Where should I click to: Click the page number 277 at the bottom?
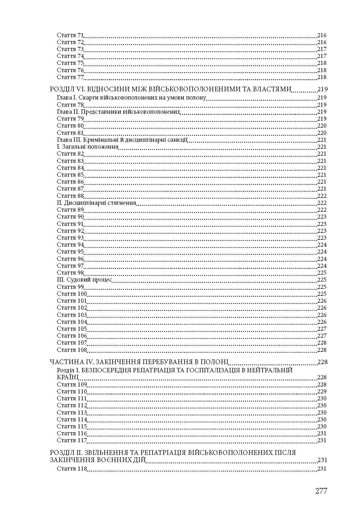click(321, 491)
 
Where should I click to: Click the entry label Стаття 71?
click(70, 35)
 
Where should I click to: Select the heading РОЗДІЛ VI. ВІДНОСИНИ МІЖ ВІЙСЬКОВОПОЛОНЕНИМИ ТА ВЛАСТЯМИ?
click(171, 89)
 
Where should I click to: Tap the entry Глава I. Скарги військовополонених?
click(131, 98)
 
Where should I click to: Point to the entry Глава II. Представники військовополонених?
click(119, 112)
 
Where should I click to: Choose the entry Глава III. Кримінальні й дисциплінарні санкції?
click(122, 140)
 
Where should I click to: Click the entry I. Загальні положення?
click(88, 147)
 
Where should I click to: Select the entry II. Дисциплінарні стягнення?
click(96, 203)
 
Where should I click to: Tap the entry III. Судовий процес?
click(84, 280)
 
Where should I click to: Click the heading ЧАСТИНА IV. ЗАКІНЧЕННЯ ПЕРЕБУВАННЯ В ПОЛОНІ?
click(139, 362)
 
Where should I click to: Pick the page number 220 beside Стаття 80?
click(322, 126)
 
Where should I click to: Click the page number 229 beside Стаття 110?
click(322, 392)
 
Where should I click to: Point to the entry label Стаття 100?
click(72, 294)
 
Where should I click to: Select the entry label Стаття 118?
click(72, 469)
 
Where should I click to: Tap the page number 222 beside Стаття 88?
click(322, 196)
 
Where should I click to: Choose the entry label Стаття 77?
click(70, 77)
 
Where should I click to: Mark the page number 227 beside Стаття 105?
click(322, 329)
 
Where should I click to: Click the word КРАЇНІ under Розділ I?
click(67, 377)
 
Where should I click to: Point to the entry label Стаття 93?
click(70, 238)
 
